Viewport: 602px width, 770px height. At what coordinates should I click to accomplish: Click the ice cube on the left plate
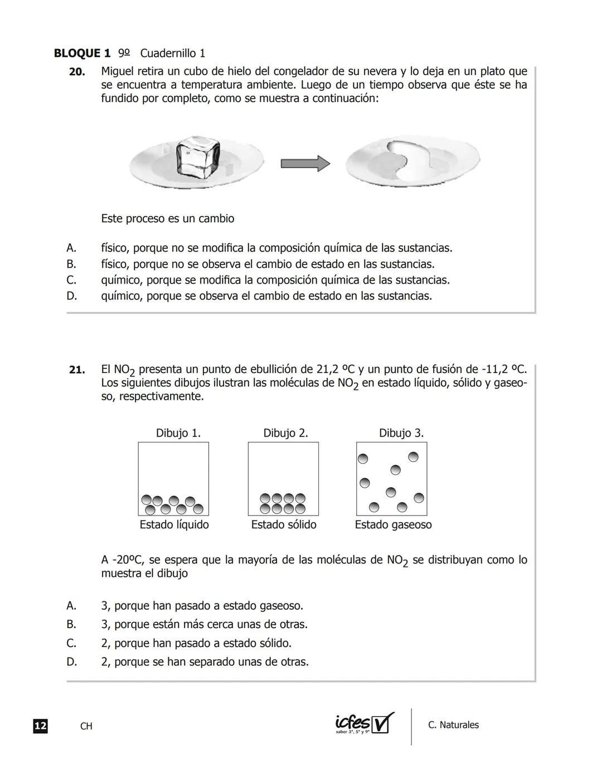(197, 155)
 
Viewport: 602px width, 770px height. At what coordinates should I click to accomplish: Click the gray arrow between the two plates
(305, 163)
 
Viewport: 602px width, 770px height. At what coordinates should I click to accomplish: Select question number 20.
(77, 72)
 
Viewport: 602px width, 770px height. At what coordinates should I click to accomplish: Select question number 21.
(77, 370)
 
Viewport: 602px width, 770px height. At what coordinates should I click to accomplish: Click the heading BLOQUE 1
(82, 53)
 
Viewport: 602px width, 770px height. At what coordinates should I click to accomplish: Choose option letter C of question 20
(71, 280)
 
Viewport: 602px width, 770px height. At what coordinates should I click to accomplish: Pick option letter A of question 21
(71, 606)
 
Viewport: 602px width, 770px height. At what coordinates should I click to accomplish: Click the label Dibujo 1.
(178, 433)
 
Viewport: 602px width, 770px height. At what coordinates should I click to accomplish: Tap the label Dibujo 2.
(285, 433)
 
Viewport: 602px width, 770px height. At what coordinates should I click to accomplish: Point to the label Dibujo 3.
(401, 433)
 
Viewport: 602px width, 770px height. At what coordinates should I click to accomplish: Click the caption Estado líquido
(174, 525)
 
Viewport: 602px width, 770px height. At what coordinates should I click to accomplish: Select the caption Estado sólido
(284, 525)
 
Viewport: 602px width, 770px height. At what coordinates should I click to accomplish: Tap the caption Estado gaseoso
(393, 525)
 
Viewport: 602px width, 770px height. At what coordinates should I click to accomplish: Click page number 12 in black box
(40, 726)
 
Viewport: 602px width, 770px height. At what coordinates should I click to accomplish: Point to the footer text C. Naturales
(453, 725)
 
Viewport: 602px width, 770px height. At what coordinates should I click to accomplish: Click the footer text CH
(86, 727)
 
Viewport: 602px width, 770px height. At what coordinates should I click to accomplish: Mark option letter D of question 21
(71, 662)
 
